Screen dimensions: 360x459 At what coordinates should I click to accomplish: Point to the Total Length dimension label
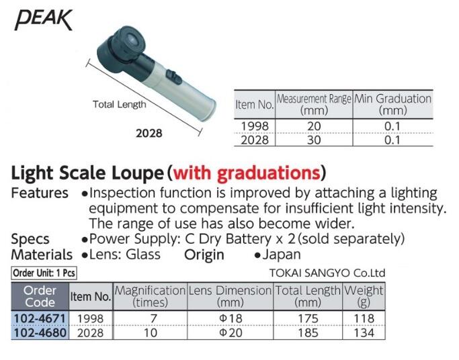119,105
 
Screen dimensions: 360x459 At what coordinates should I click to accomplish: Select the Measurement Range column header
314,104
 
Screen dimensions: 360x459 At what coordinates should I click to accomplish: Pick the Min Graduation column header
392,104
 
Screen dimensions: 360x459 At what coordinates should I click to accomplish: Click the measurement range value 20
313,126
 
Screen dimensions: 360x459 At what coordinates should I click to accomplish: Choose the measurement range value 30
313,140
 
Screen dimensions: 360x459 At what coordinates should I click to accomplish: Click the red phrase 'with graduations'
246,173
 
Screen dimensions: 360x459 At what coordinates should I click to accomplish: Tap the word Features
40,193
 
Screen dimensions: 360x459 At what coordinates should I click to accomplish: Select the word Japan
282,255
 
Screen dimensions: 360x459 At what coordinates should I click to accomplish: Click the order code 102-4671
40,318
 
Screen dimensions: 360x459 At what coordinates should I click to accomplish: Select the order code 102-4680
40,332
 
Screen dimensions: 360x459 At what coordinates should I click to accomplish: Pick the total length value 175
308,318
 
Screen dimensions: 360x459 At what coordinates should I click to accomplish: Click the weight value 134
364,332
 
